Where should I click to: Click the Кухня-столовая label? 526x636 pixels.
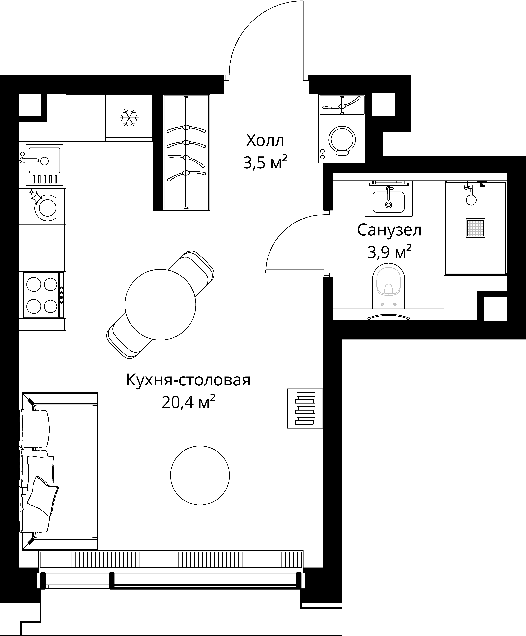(188, 380)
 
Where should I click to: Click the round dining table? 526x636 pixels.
(160, 304)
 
